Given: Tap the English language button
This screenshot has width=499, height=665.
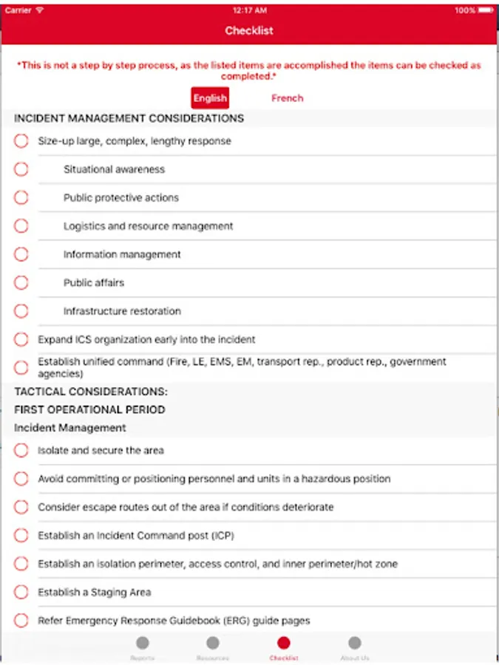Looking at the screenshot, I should coord(210,98).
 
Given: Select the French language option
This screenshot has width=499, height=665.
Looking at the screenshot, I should coord(287,98).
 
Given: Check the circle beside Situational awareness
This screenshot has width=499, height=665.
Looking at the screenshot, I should coord(21,169).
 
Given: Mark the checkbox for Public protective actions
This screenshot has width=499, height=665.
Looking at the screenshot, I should coord(21,197).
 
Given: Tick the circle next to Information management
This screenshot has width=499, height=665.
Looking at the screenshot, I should coord(21,254).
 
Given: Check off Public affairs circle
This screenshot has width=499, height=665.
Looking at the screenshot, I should coord(21,282).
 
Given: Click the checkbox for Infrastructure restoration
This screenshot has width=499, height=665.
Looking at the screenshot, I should coord(21,311).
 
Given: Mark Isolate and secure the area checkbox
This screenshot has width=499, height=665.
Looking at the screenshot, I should coord(21,450).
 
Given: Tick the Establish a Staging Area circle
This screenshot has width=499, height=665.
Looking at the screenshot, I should coord(21,592).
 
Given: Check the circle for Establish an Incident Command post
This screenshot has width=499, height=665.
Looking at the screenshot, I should coord(21,536).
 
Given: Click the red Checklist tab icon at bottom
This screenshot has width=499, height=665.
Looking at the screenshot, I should coord(284,644).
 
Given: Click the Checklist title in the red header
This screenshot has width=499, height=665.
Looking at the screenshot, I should coord(249,31).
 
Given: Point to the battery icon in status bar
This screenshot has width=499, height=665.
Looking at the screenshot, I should coord(485,10).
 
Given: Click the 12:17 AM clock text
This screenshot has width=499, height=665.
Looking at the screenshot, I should coord(249,10).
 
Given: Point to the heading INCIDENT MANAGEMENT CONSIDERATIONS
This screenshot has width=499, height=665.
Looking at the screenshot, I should coord(129,118).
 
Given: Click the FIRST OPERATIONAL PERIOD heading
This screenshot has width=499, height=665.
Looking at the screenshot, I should coord(89,409).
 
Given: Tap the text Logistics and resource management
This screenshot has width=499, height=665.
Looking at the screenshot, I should coord(148,226).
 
